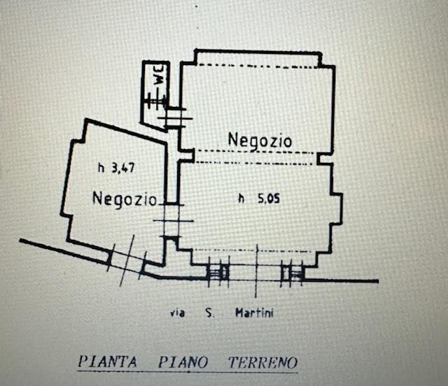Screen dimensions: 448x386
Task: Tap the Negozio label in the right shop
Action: (x=260, y=140)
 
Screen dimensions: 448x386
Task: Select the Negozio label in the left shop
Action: (x=124, y=199)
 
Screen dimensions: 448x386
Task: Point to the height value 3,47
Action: (x=122, y=167)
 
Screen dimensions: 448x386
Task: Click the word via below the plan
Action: (x=178, y=313)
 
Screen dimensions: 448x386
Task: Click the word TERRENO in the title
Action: (x=262, y=363)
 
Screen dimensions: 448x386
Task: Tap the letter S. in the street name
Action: (x=208, y=313)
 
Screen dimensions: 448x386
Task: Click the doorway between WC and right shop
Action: (x=173, y=116)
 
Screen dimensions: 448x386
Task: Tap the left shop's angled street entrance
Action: (x=127, y=258)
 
